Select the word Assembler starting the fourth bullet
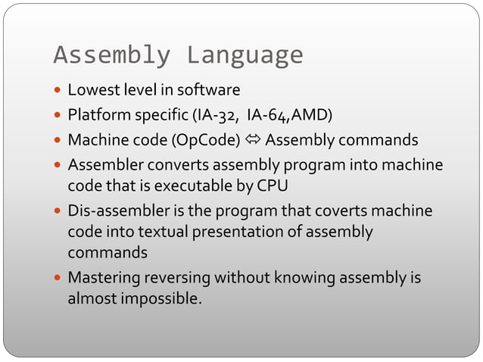click(x=101, y=166)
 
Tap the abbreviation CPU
click(x=273, y=186)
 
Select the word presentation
click(x=235, y=231)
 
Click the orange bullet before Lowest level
click(x=58, y=92)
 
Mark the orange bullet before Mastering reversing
click(x=58, y=279)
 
